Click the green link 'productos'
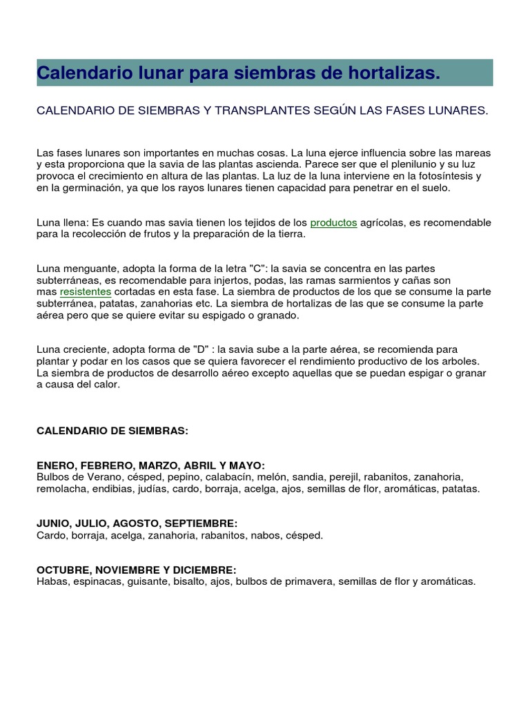(333, 222)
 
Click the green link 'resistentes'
(86, 291)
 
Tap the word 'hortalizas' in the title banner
(400, 72)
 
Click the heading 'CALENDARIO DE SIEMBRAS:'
(112, 431)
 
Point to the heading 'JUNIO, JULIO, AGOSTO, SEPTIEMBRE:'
(137, 524)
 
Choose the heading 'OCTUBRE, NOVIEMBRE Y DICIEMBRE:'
(136, 570)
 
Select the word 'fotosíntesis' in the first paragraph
(447, 175)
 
